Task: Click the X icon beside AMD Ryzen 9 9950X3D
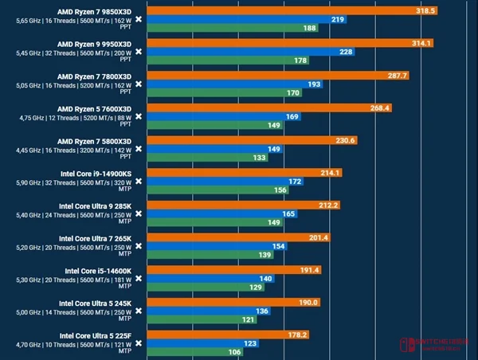[139, 53]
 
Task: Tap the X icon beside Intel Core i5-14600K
[139, 279]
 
